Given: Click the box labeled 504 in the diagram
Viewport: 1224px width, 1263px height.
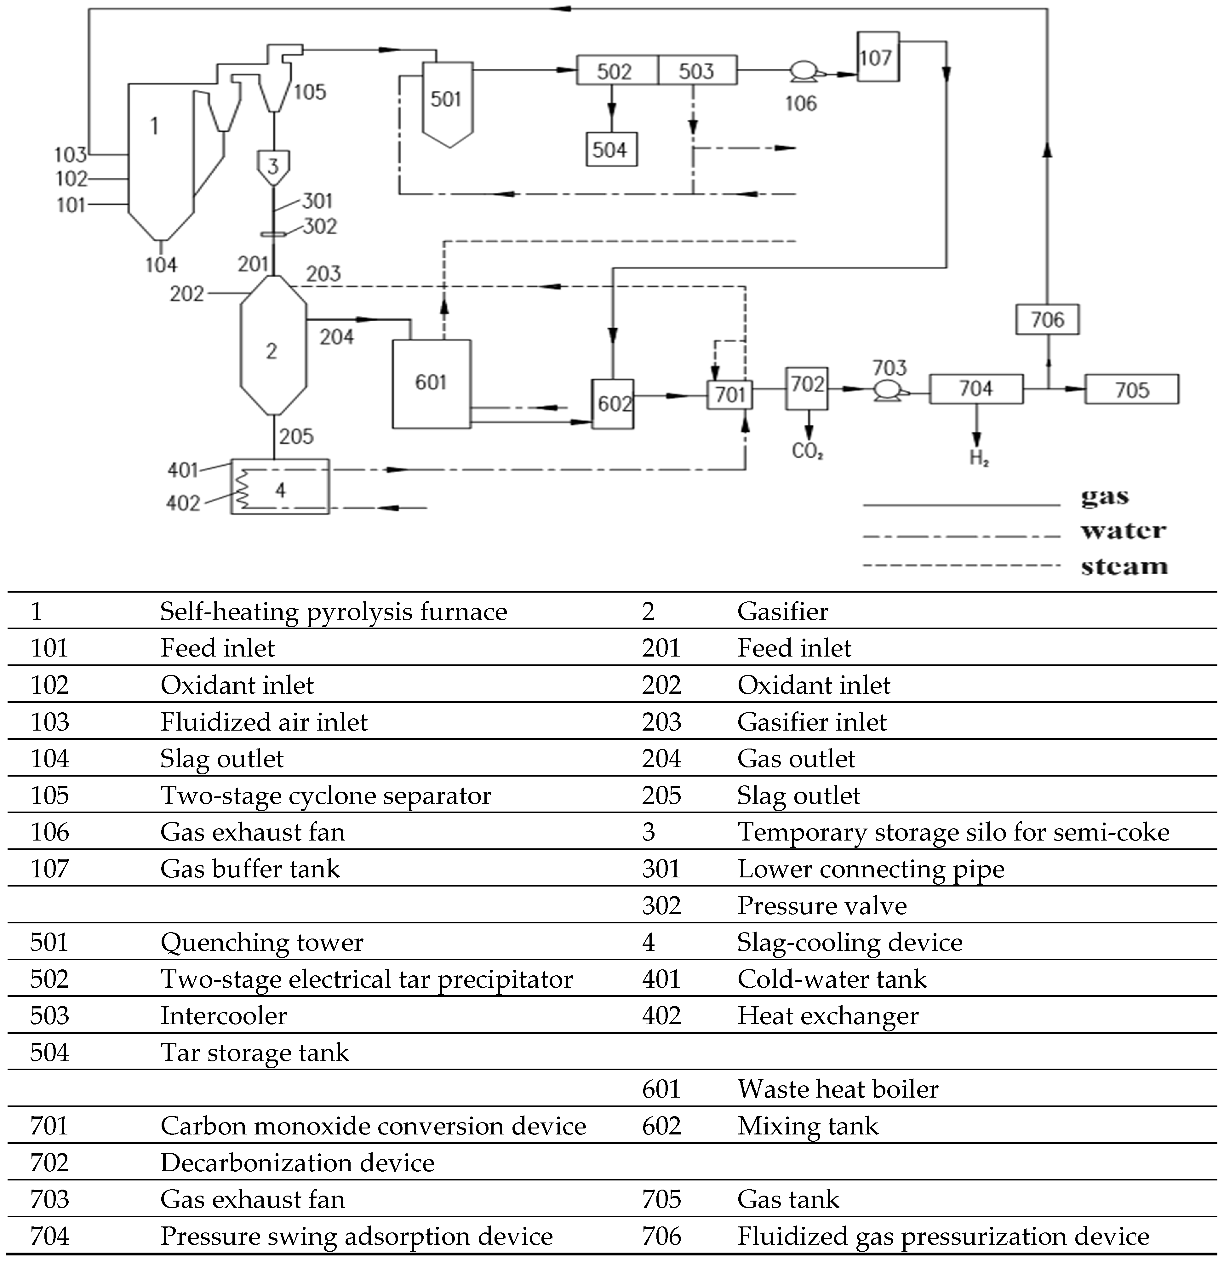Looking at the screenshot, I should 611,150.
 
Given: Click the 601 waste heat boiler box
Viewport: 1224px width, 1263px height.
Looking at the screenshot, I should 431,383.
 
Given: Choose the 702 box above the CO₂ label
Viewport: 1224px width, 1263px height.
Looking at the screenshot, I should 807,388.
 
